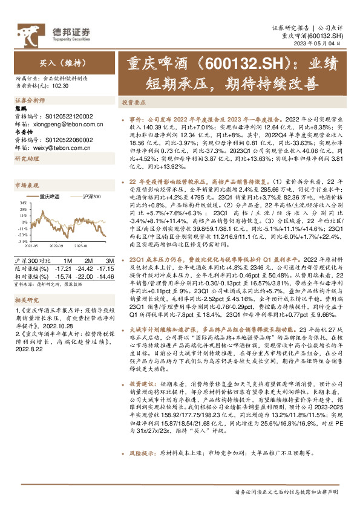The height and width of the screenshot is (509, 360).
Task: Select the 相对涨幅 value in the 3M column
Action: [105, 275]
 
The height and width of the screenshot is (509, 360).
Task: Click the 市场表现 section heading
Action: [26, 184]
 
